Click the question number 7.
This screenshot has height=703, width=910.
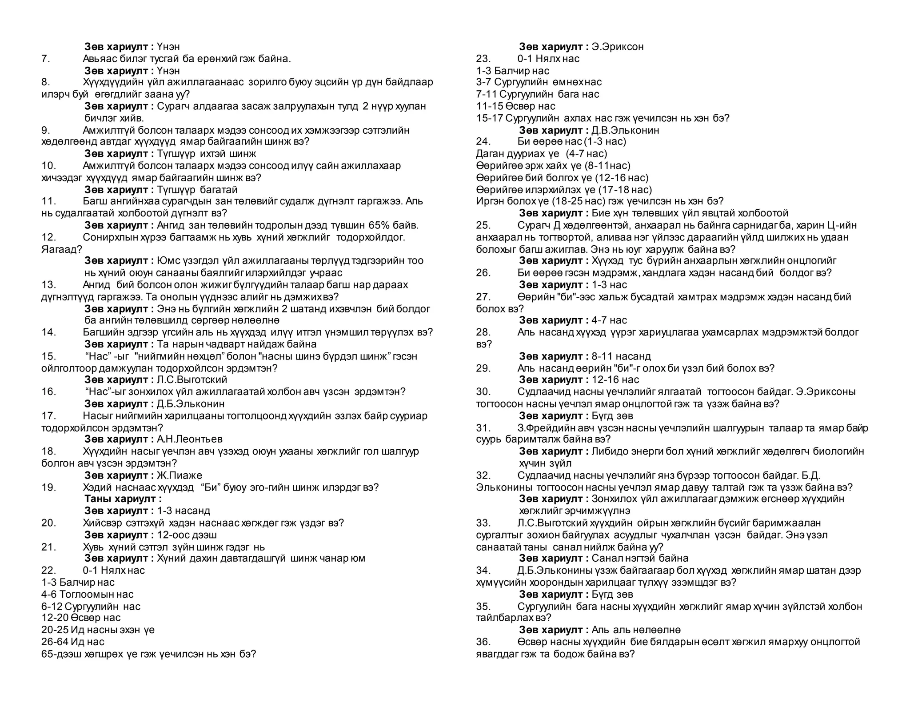46,59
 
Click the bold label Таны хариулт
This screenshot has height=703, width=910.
123,499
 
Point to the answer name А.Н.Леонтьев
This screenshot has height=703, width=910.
189,439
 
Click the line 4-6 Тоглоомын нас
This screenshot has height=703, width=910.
87,595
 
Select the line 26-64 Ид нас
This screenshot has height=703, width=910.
73,642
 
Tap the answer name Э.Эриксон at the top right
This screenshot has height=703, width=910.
617,47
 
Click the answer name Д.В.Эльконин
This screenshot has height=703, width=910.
625,130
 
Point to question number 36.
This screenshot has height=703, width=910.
483,642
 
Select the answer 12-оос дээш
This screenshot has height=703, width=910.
187,535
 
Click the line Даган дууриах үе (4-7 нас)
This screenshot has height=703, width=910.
541,154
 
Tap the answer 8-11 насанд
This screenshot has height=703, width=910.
621,356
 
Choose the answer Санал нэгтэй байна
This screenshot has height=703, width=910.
640,559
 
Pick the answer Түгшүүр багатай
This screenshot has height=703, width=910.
197,190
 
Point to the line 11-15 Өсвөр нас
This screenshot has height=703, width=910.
515,106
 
